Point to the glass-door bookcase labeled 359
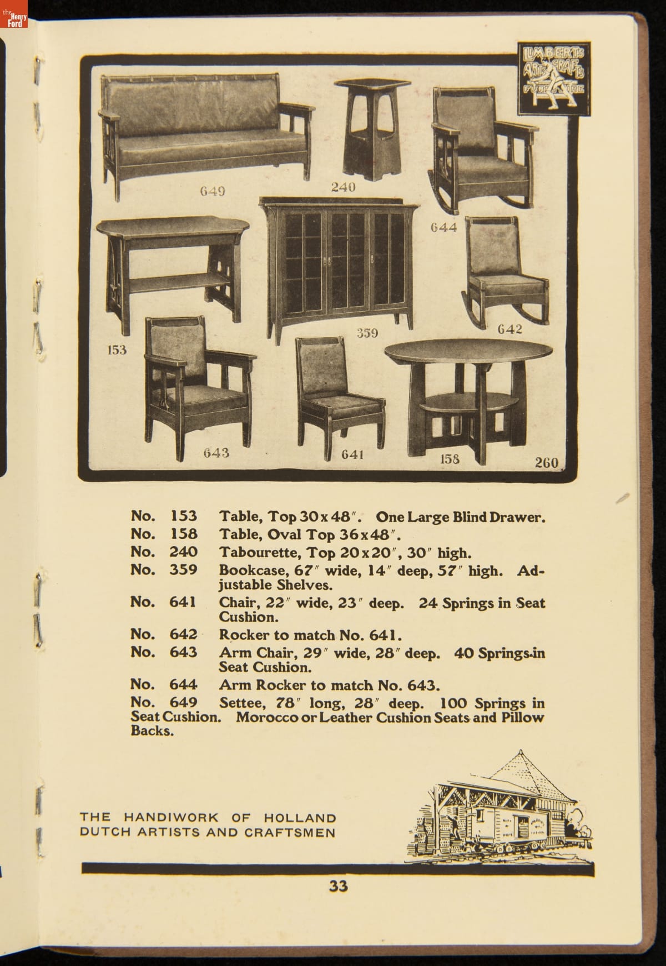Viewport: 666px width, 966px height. pyautogui.click(x=335, y=261)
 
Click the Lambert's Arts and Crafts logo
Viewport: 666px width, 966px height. pyautogui.click(x=554, y=78)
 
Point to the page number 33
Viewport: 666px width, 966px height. pyautogui.click(x=338, y=885)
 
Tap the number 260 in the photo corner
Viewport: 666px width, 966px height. pyautogui.click(x=546, y=462)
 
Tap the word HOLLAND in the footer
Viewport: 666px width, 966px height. pyautogui.click(x=300, y=818)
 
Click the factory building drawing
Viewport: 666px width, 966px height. pyautogui.click(x=500, y=811)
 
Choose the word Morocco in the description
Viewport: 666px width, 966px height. pyautogui.click(x=265, y=717)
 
